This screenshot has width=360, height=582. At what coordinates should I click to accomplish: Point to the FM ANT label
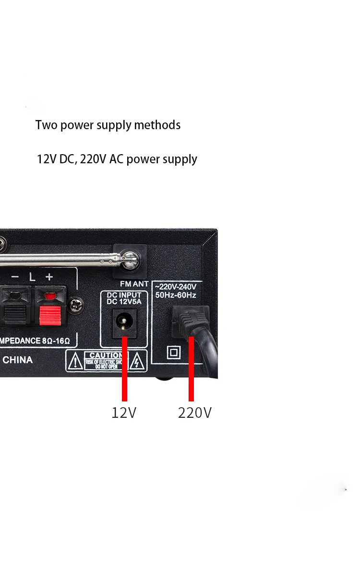point(134,284)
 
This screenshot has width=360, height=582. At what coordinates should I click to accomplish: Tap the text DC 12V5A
point(124,302)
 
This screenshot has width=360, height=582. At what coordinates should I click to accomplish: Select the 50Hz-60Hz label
point(176,295)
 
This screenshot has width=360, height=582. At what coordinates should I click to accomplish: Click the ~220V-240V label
point(176,287)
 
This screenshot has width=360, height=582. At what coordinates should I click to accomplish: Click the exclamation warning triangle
point(75,361)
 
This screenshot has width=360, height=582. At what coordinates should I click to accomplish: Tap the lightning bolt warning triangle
point(137,361)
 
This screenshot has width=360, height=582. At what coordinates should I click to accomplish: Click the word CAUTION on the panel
point(106,355)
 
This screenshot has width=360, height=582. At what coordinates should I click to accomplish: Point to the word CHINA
point(18,360)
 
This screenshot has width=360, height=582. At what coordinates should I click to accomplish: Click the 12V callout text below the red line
point(124,412)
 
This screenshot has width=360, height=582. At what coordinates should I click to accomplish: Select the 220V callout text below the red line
point(194,412)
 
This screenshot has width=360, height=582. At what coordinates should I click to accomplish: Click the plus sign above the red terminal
point(49,277)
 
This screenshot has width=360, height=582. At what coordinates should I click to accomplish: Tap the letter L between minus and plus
point(32,277)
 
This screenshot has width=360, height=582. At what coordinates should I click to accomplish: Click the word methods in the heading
point(157,125)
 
